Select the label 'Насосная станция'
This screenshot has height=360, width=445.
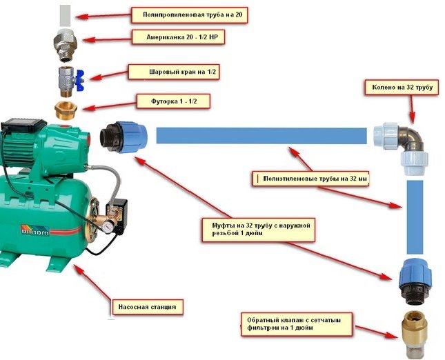(x=149, y=305)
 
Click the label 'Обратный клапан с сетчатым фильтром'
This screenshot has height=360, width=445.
(x=295, y=323)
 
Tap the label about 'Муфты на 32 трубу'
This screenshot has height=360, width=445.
(x=259, y=228)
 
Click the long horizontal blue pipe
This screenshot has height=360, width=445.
(x=261, y=135)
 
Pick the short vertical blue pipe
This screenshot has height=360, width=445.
(x=414, y=217)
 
